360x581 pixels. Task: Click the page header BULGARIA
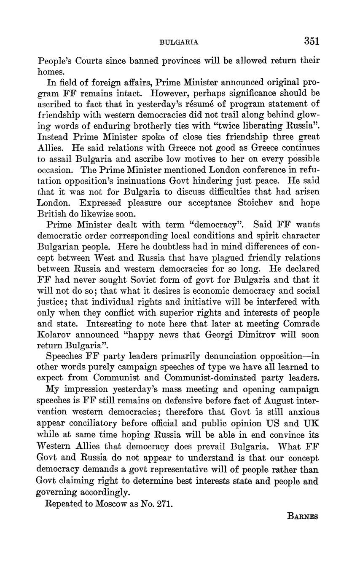[x=180, y=42]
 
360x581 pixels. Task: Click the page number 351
[x=311, y=41]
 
